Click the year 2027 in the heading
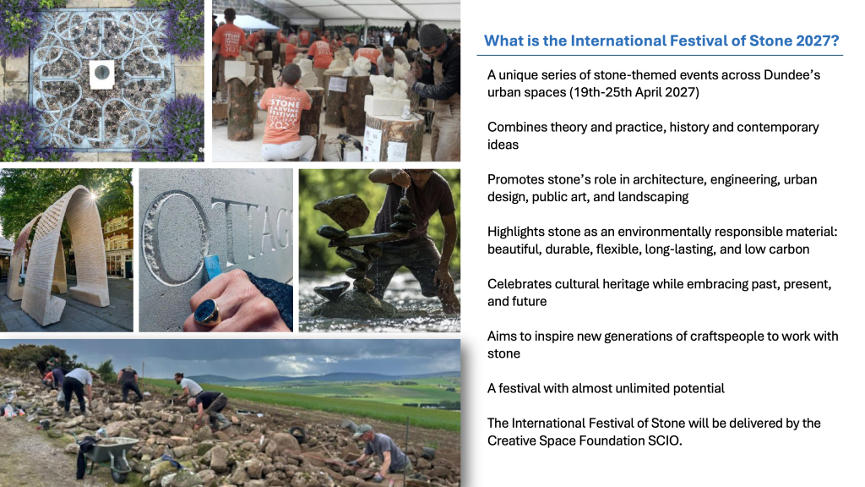818,41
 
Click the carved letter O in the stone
176,238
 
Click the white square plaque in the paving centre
102,74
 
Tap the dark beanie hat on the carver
432,36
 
